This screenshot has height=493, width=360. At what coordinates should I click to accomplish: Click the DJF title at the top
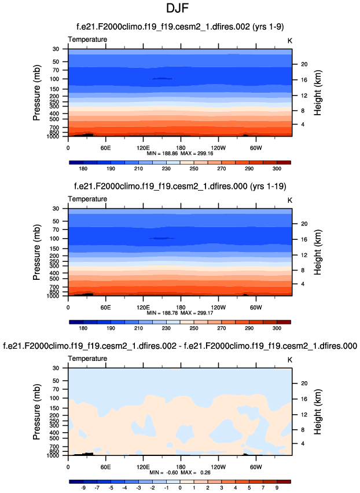click(x=179, y=10)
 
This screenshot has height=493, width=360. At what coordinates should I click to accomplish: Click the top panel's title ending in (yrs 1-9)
click(x=180, y=27)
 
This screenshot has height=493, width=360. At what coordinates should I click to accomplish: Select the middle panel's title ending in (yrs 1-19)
click(x=180, y=187)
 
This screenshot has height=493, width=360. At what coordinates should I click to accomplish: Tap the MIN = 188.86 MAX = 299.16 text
click(x=180, y=154)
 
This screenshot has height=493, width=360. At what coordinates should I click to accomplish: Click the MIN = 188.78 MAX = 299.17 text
click(x=180, y=313)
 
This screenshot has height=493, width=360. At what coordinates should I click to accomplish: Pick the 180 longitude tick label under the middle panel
click(x=180, y=307)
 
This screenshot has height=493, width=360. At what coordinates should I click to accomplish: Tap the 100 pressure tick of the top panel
click(x=57, y=79)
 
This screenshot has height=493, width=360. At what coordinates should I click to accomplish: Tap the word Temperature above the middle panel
click(x=87, y=199)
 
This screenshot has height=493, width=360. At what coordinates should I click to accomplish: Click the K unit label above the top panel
click(x=290, y=39)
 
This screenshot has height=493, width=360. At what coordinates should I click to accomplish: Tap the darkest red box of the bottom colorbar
click(x=283, y=481)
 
